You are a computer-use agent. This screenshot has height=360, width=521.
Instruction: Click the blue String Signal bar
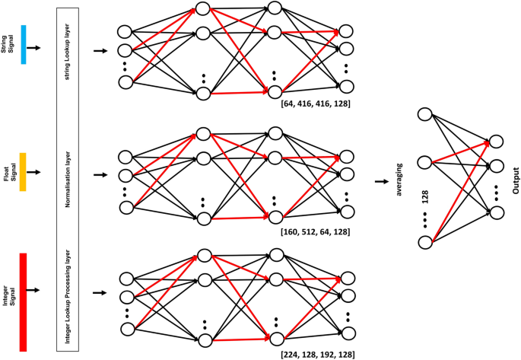24,43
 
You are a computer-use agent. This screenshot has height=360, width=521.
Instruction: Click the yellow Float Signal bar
24,172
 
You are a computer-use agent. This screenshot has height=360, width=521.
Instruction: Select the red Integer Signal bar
24,302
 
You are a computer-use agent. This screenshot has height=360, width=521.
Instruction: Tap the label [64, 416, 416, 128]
315,103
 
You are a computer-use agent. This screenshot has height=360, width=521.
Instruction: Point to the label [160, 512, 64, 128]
315,230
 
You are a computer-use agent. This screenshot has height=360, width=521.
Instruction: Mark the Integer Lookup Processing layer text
67,296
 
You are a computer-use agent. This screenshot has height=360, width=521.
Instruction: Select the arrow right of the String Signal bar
36,46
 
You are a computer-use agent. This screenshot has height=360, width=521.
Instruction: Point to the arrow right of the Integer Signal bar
36,292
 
